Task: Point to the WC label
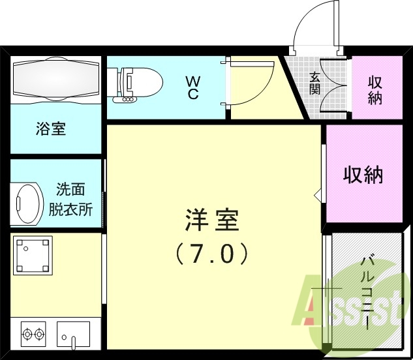[x=193, y=87]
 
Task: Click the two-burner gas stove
[x=35, y=335]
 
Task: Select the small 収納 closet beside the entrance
[x=375, y=91]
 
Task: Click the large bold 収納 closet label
[x=363, y=174]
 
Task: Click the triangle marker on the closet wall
[x=318, y=194]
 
